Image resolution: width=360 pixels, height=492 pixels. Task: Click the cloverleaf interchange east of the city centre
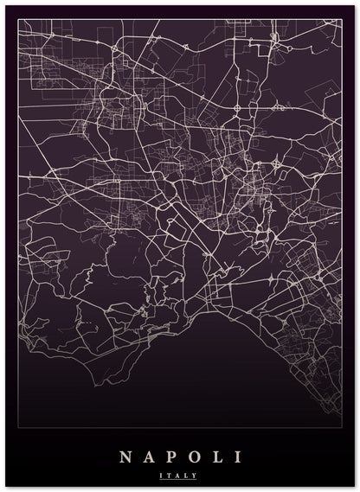(276, 161)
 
